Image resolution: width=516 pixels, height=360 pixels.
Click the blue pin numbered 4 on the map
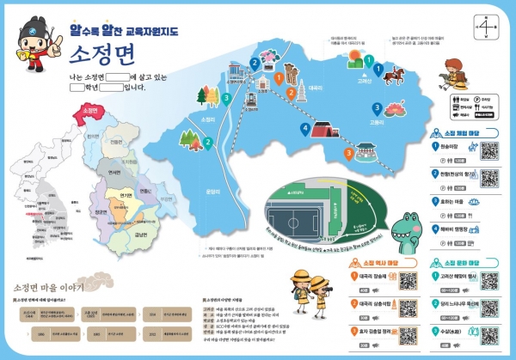[304, 130]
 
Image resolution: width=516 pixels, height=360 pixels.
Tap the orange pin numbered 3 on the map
[347, 155]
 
